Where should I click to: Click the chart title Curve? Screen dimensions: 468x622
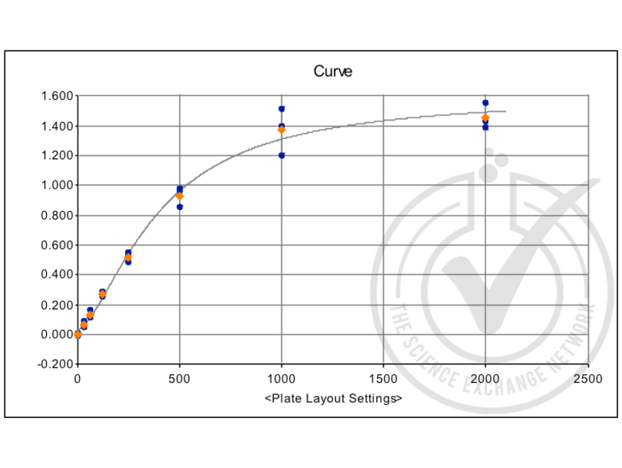pyautogui.click(x=333, y=71)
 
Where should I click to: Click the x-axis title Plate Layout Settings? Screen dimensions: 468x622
pyautogui.click(x=333, y=399)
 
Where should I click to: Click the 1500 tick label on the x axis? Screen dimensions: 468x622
pyautogui.click(x=383, y=379)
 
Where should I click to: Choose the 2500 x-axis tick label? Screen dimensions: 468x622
pyautogui.click(x=587, y=379)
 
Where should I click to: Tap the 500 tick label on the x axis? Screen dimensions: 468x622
pyautogui.click(x=180, y=379)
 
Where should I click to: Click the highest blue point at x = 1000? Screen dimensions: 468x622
pyautogui.click(x=282, y=109)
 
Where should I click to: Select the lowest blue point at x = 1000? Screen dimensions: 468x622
pyautogui.click(x=282, y=156)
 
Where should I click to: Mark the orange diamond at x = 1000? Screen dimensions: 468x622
pyautogui.click(x=282, y=130)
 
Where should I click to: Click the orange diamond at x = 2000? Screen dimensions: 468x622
pyautogui.click(x=485, y=117)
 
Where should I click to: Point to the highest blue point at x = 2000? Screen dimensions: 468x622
pyautogui.click(x=485, y=103)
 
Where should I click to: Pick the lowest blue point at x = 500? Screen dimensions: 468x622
pyautogui.click(x=180, y=206)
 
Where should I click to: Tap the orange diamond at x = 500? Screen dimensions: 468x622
pyautogui.click(x=180, y=196)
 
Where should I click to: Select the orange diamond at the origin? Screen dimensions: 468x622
pyautogui.click(x=78, y=335)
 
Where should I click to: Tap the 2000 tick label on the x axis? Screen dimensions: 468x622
pyautogui.click(x=485, y=379)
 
